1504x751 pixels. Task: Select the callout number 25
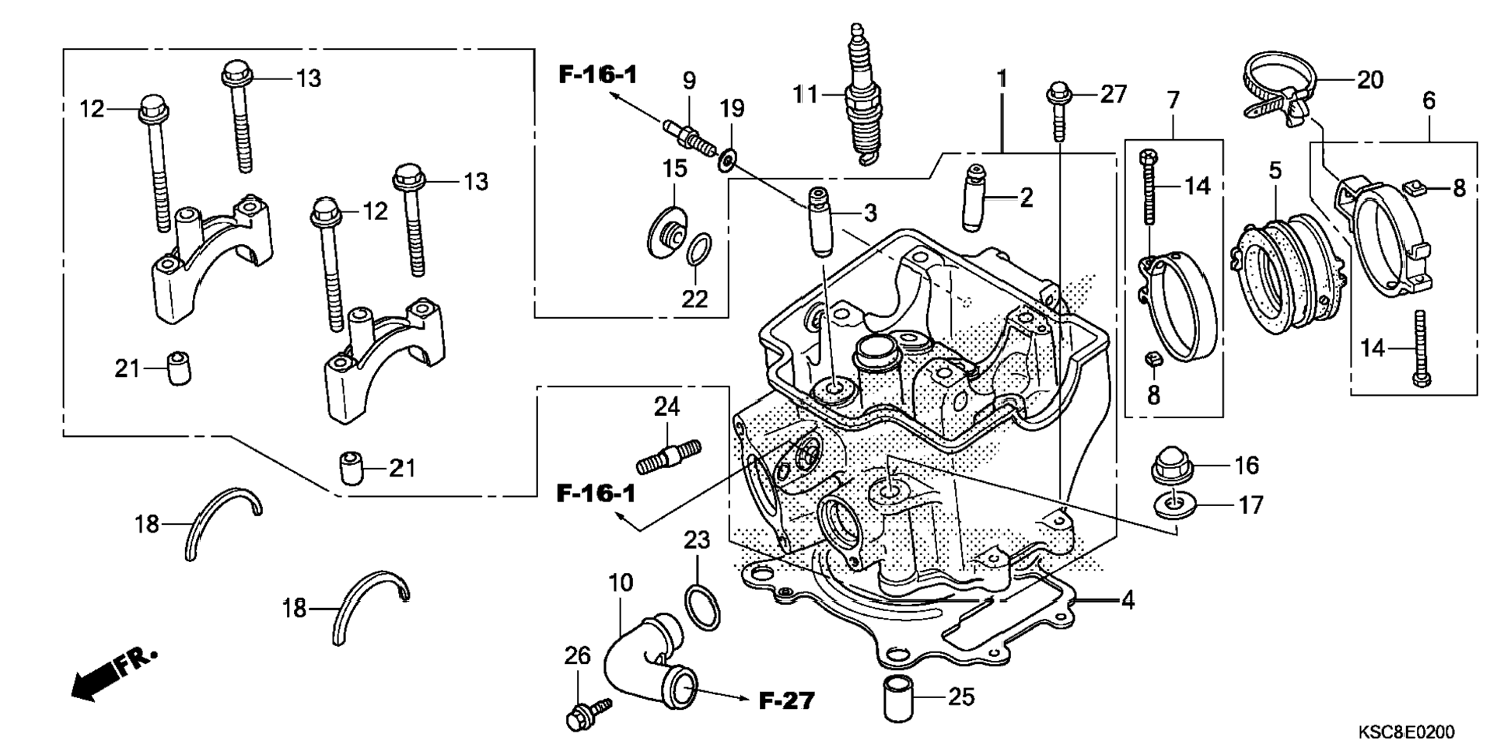point(962,697)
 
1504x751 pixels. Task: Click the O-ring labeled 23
point(702,604)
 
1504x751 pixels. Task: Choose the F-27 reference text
point(786,700)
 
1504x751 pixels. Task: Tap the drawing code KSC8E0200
point(1406,732)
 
